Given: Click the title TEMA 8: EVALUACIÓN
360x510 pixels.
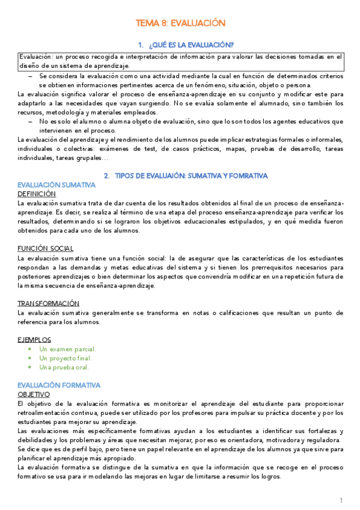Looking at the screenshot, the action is [180, 23].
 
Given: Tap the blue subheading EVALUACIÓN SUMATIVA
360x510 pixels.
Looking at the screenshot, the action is [56, 185].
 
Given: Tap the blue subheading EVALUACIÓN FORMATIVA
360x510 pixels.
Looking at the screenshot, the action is [59, 385].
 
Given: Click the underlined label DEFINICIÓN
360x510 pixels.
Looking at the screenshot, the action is [37, 194].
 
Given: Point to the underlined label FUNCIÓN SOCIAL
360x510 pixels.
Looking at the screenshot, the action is [46, 248].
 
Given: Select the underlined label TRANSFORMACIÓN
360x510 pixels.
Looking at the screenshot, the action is [49, 303].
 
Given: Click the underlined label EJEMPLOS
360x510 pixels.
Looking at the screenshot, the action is [34, 339].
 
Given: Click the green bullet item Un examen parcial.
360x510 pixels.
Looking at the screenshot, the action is [67, 349].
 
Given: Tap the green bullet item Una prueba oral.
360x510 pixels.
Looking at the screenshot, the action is [64, 367].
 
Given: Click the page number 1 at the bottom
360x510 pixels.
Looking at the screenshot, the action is [341, 500].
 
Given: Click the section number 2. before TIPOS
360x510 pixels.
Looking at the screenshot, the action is [106, 176].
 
